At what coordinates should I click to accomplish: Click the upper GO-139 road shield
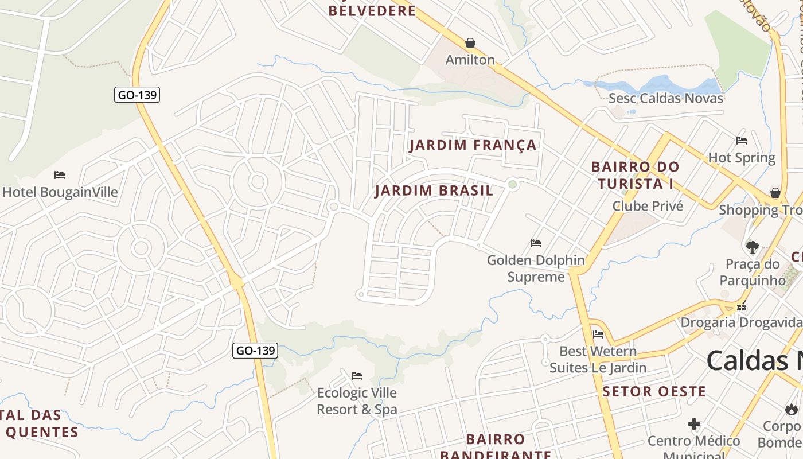click(137, 95)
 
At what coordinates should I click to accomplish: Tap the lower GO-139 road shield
click(255, 350)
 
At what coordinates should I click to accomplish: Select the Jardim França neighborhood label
click(473, 145)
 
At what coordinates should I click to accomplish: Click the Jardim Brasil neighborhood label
click(434, 190)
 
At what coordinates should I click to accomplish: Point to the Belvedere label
click(372, 11)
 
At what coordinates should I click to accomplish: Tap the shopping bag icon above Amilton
click(470, 43)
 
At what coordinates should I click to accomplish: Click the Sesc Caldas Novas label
click(666, 98)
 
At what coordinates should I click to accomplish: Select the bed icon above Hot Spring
click(742, 141)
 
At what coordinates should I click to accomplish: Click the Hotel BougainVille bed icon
click(60, 175)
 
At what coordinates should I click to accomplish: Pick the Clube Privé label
click(648, 206)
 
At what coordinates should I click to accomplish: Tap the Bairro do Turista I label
click(636, 176)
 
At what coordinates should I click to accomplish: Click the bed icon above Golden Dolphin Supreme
click(536, 243)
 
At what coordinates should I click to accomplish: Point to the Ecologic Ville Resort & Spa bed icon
click(357, 376)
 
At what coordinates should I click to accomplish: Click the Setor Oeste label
click(654, 392)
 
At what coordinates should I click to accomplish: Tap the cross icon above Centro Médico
click(694, 425)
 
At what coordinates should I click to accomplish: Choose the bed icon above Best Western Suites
click(598, 334)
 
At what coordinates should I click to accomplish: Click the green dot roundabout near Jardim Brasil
click(513, 184)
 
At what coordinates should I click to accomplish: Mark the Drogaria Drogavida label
click(741, 322)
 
